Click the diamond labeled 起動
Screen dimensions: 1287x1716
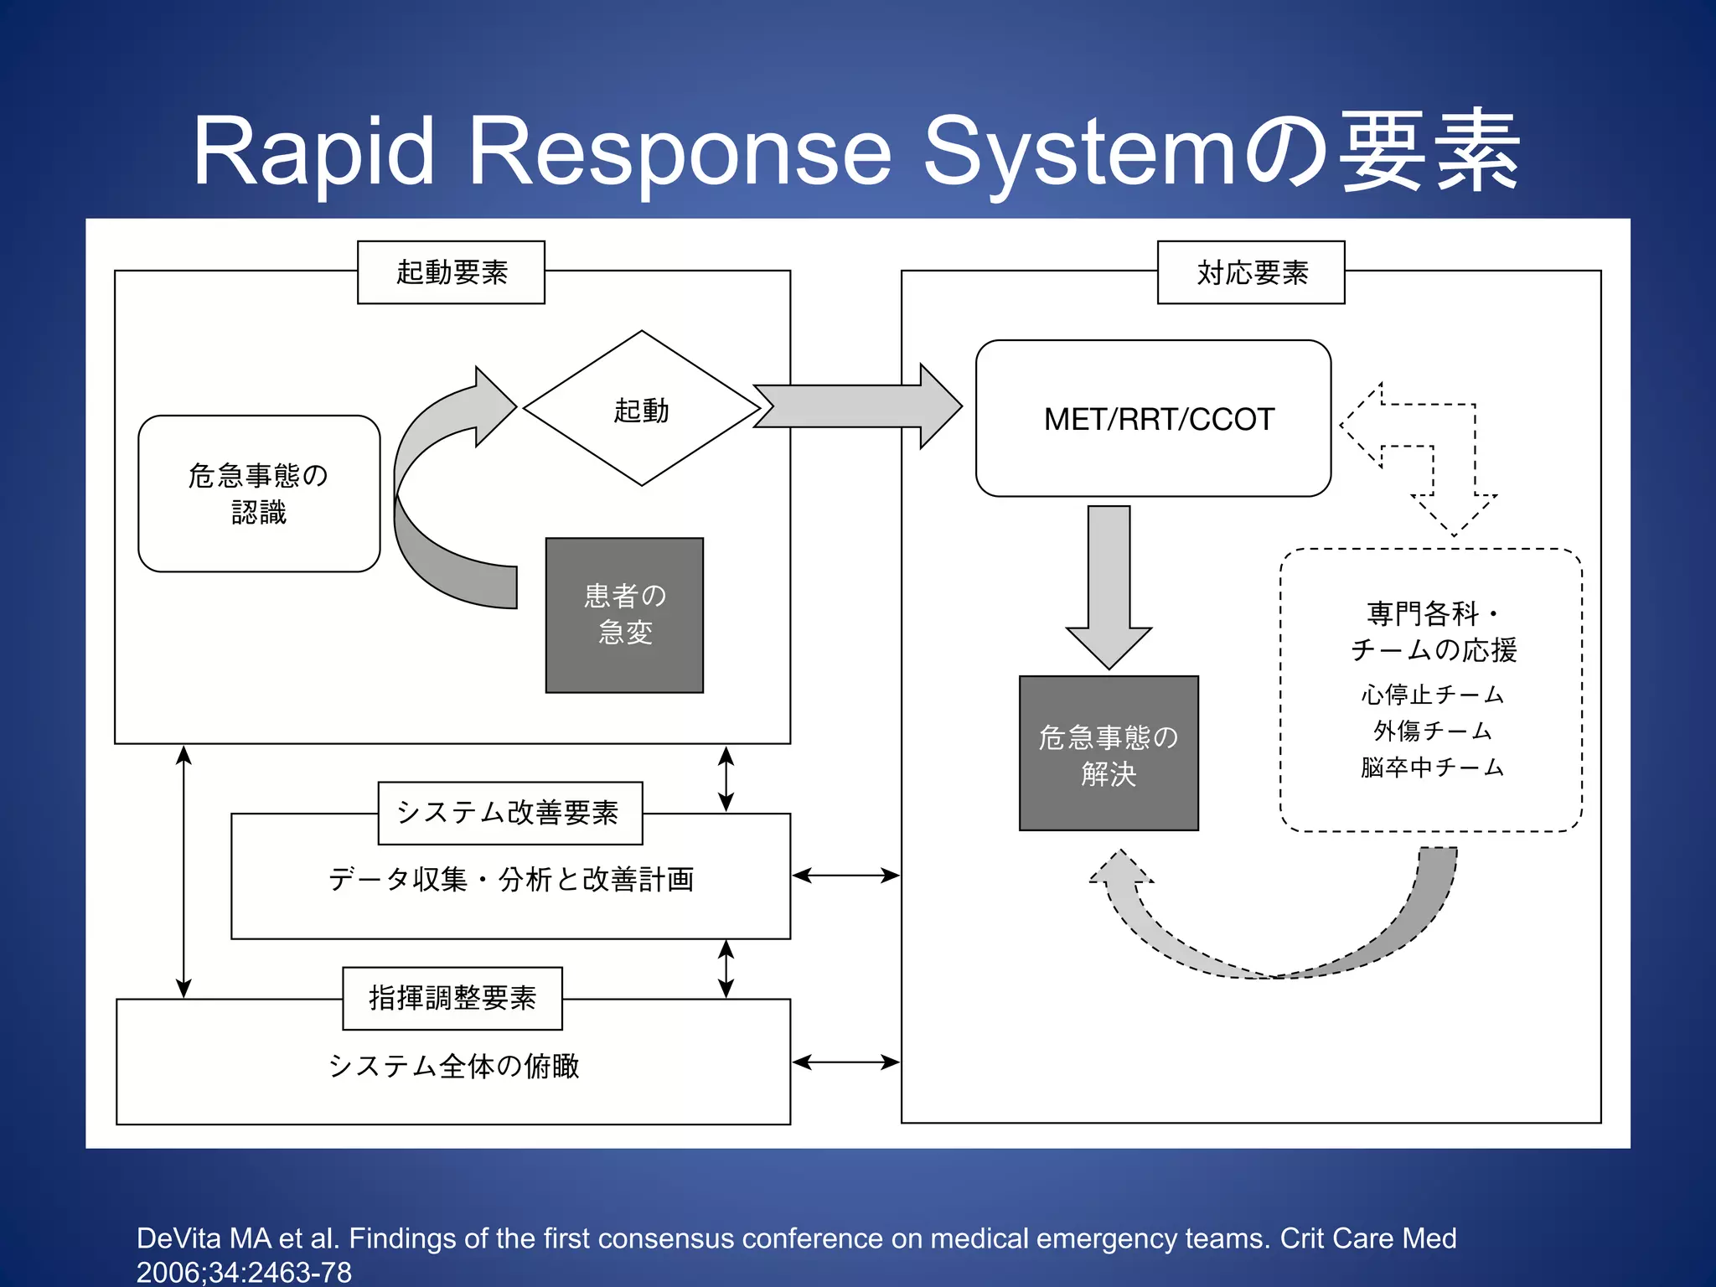pos(641,409)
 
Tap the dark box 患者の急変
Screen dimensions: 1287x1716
pos(624,615)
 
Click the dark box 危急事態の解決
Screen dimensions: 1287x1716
pos(1109,753)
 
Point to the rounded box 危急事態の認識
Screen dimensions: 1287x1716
pos(259,494)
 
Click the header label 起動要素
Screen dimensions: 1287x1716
pos(451,272)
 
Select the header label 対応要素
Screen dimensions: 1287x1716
pos(1251,272)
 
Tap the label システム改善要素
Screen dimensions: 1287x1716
pos(509,813)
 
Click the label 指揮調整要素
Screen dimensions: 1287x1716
pos(452,998)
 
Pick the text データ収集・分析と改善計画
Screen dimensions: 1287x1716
pos(510,879)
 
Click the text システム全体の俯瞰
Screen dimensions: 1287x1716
pos(453,1066)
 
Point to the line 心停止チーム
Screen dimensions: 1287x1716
pos(1431,695)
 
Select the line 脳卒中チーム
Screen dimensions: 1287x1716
pos(1431,768)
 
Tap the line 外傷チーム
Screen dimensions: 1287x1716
pos(1431,731)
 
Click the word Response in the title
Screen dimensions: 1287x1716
pos(680,152)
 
